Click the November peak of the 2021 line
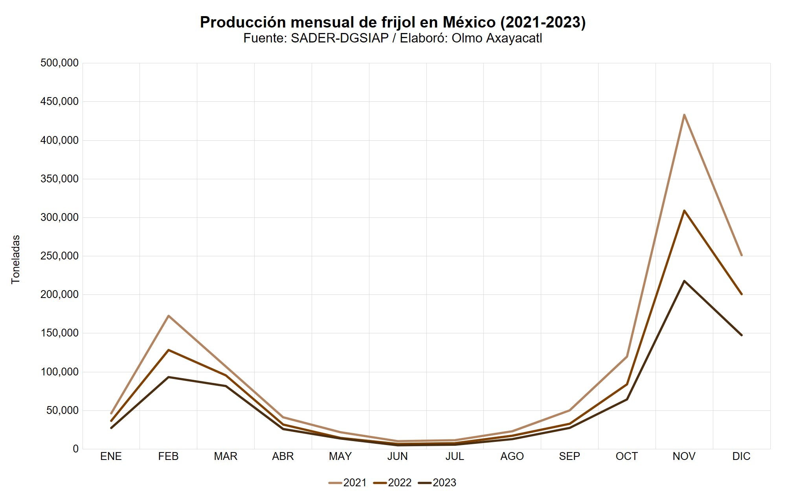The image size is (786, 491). (x=684, y=115)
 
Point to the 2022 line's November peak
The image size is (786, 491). (x=684, y=211)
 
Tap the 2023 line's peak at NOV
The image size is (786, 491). (x=684, y=281)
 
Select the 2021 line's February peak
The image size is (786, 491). (x=168, y=316)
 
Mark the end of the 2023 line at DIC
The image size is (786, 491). (x=742, y=335)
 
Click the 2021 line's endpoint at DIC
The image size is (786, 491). (x=742, y=255)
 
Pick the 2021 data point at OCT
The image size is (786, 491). (x=627, y=357)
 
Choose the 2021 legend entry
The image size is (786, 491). (x=348, y=482)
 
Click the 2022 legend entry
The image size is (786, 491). (x=393, y=482)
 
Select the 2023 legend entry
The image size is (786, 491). (x=437, y=482)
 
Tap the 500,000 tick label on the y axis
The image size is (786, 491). (x=59, y=63)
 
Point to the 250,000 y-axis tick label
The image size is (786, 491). (x=59, y=256)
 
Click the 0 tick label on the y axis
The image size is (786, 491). (x=75, y=449)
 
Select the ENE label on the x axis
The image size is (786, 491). (x=111, y=456)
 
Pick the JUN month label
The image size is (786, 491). (x=397, y=456)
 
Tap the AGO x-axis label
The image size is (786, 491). (x=512, y=456)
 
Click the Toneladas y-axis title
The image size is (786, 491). (x=16, y=259)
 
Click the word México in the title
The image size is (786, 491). (x=469, y=22)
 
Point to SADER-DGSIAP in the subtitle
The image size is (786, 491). (x=340, y=38)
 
